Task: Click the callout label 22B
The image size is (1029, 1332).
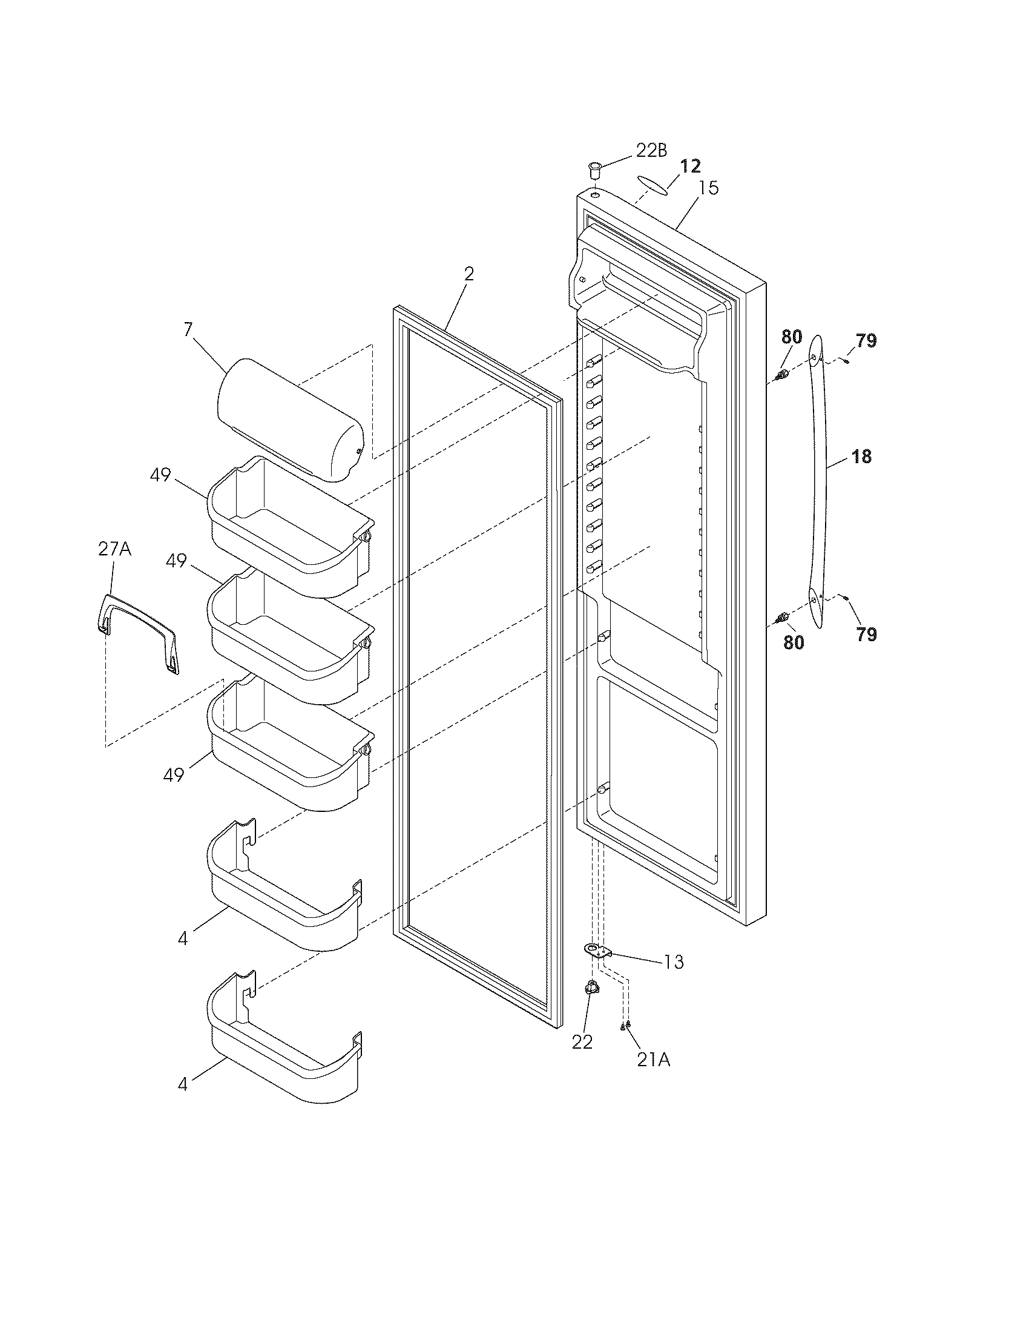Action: pyautogui.click(x=651, y=150)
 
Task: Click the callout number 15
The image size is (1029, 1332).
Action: pyautogui.click(x=708, y=188)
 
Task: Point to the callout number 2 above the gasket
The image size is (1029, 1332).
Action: pyautogui.click(x=468, y=274)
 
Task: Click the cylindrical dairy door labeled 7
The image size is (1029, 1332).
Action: pyautogui.click(x=289, y=418)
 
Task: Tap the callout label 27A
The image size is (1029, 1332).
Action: pyautogui.click(x=114, y=550)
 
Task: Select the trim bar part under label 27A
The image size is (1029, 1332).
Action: pyautogui.click(x=140, y=635)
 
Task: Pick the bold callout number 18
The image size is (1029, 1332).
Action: pyautogui.click(x=861, y=456)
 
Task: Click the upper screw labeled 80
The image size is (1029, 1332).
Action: pyautogui.click(x=782, y=375)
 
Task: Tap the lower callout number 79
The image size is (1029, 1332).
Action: pyautogui.click(x=866, y=635)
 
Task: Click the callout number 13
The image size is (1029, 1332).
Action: pyautogui.click(x=674, y=963)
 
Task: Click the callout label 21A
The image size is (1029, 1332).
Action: pyautogui.click(x=654, y=1060)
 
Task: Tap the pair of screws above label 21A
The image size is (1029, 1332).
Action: pyautogui.click(x=625, y=1026)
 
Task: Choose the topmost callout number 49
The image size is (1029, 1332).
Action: pyautogui.click(x=160, y=475)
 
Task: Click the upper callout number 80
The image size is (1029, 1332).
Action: pyautogui.click(x=792, y=337)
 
